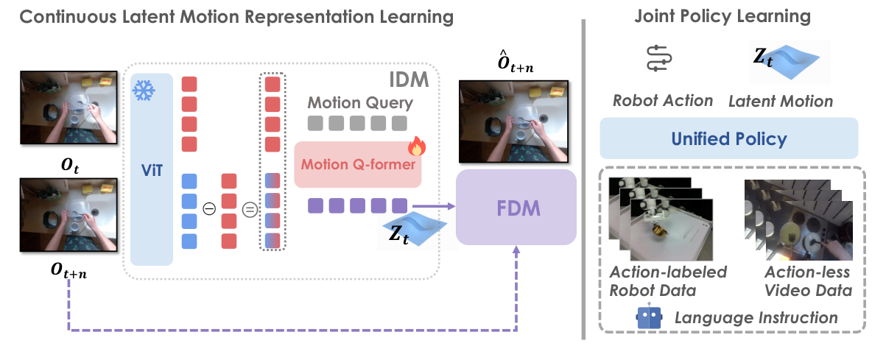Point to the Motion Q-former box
357,165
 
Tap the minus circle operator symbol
208,209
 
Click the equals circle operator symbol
249,209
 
